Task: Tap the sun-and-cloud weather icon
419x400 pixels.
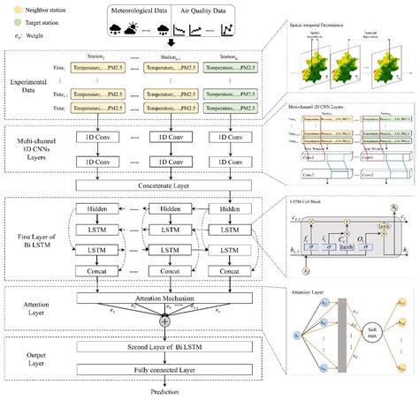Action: pos(133,27)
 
